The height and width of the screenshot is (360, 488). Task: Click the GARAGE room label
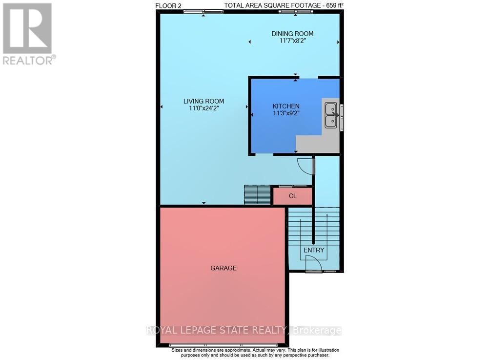224,268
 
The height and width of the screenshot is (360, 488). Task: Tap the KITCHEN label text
286,106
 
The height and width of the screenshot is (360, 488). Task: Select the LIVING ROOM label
203,101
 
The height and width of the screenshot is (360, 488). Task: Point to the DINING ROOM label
292,34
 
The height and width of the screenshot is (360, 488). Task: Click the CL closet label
293,196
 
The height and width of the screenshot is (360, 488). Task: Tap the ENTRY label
314,250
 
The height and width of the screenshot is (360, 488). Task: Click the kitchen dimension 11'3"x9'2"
286,113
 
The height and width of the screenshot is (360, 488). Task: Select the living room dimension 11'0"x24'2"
203,108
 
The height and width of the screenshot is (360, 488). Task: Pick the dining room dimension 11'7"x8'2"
292,41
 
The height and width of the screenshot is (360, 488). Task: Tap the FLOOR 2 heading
168,5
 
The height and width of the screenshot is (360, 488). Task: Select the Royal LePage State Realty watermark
244,331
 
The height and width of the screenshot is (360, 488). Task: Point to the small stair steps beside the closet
257,195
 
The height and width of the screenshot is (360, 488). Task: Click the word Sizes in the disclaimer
179,350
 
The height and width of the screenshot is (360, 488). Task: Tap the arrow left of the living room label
162,106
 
